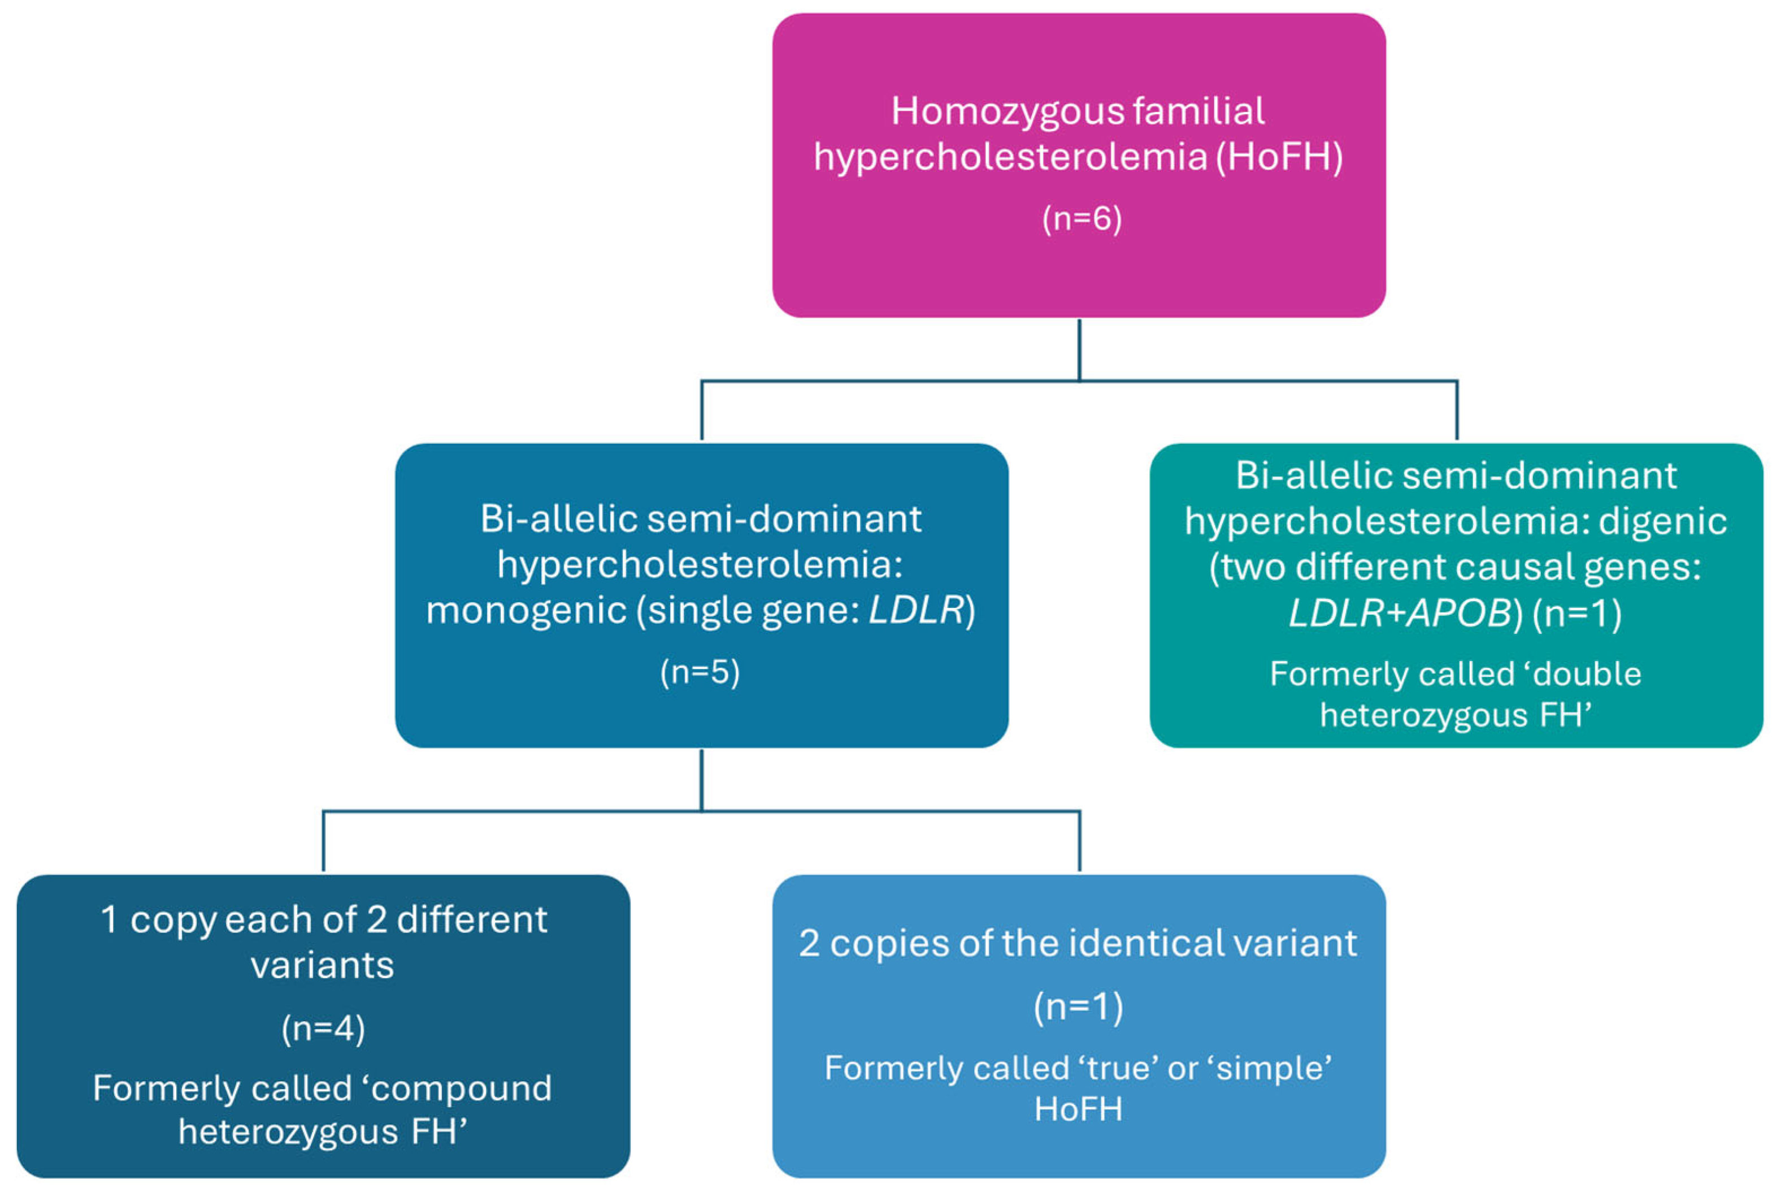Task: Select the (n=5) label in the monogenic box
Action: pyautogui.click(x=700, y=671)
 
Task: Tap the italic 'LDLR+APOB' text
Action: pyautogui.click(x=1400, y=613)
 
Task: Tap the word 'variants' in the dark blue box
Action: pyautogui.click(x=323, y=966)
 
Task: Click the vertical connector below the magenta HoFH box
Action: pyautogui.click(x=1079, y=349)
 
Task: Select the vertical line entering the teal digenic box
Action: pyautogui.click(x=1457, y=411)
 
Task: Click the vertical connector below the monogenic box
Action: pyautogui.click(x=702, y=780)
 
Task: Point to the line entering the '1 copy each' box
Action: pyautogui.click(x=323, y=841)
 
